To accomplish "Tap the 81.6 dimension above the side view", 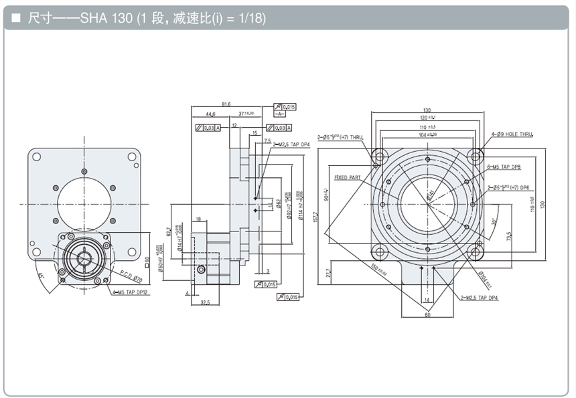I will point(226,104).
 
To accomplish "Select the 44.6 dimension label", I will point(210,114).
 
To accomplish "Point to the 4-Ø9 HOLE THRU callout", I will point(514,134).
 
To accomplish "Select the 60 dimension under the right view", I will point(427,315).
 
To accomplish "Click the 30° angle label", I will point(494,222).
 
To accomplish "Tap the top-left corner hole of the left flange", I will point(37,157).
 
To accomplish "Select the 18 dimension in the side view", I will point(199,219).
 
